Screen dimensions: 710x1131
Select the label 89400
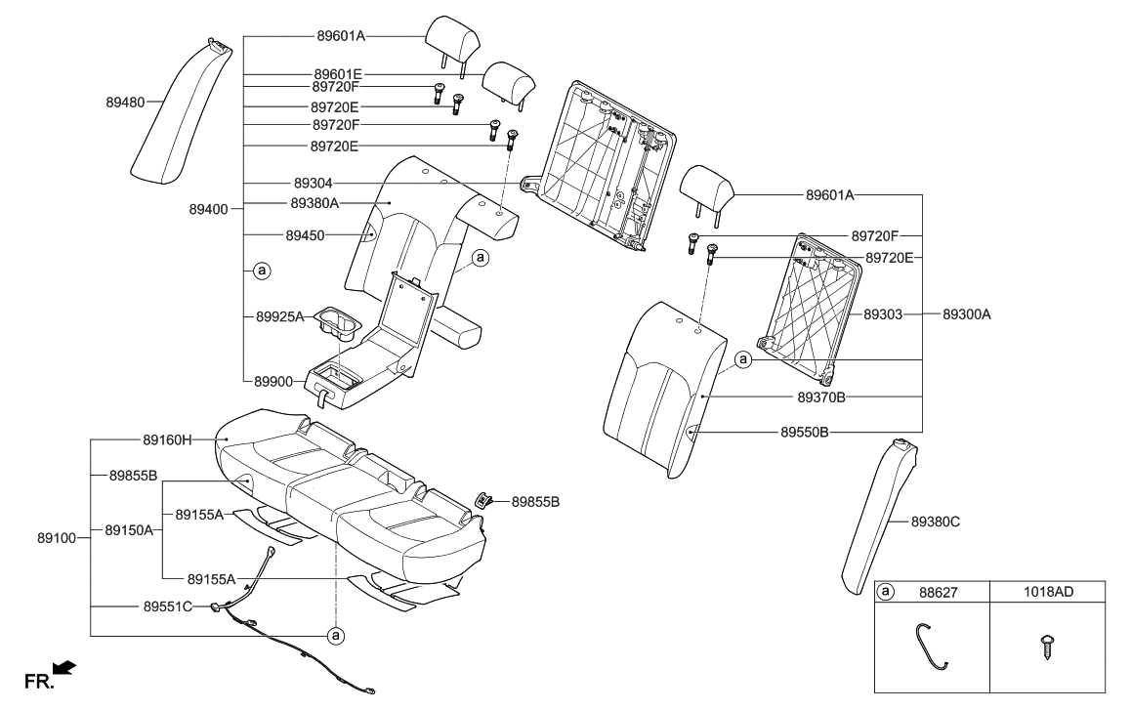click(x=209, y=209)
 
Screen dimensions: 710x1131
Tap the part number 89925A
click(x=280, y=316)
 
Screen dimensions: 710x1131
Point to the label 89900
click(x=273, y=382)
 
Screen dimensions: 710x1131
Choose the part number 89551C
click(x=167, y=606)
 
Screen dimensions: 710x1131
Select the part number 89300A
click(x=966, y=315)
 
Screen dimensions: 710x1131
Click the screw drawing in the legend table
click(x=1050, y=647)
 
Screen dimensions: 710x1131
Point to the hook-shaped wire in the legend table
click(x=931, y=647)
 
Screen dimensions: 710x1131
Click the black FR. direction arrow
click(x=63, y=667)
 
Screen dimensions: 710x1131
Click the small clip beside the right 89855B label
click(x=482, y=499)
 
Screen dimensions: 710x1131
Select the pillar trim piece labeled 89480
click(x=181, y=112)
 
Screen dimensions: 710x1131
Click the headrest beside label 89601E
click(x=509, y=79)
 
